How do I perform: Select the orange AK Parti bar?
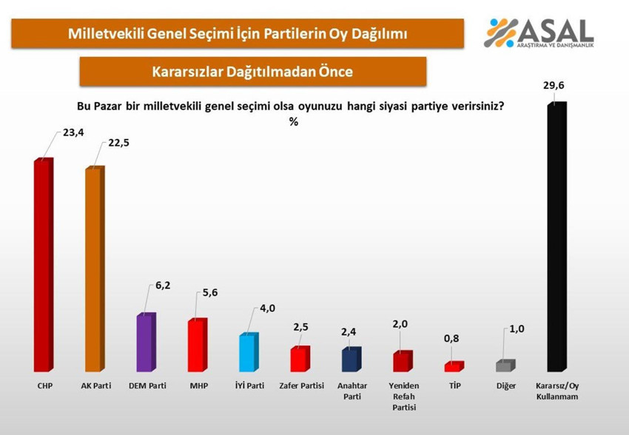(94, 269)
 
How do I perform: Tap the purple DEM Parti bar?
(145, 343)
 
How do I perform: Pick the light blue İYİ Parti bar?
(248, 353)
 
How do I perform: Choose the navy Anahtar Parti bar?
(350, 360)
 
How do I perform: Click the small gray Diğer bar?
(505, 365)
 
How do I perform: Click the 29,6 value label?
(554, 87)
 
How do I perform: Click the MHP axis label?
(197, 385)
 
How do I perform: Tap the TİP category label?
(453, 385)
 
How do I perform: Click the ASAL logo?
(538, 33)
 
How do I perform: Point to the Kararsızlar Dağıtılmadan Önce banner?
(252, 72)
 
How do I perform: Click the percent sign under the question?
(294, 121)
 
